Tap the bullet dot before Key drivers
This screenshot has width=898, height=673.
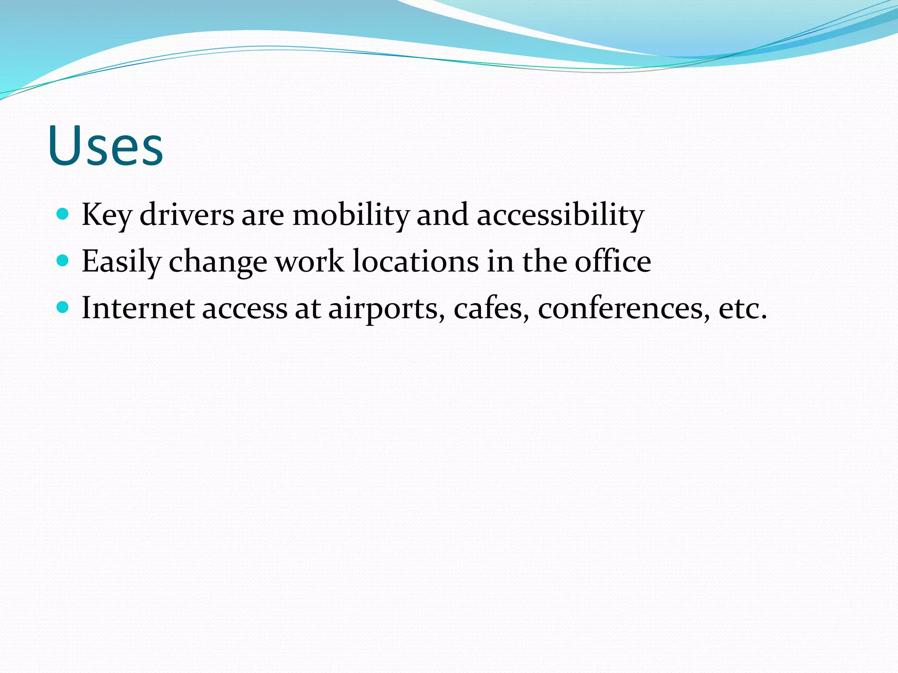click(63, 214)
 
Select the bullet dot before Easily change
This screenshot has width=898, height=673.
click(63, 261)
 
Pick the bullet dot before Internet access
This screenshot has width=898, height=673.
click(63, 308)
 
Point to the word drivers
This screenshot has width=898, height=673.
click(187, 215)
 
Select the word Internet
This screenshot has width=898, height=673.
click(138, 308)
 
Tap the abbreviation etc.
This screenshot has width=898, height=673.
click(743, 308)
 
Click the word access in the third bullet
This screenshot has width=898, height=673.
click(245, 309)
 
